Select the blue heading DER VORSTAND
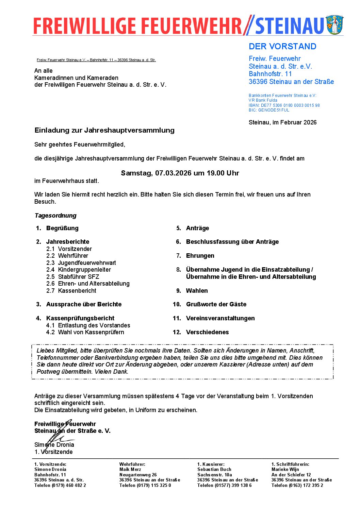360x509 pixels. click(x=282, y=47)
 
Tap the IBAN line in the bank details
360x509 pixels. click(x=284, y=105)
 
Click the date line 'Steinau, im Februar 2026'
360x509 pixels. click(x=282, y=122)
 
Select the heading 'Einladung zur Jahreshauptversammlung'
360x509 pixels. click(x=104, y=130)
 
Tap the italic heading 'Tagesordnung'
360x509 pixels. click(x=55, y=216)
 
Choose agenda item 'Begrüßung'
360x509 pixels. click(x=62, y=228)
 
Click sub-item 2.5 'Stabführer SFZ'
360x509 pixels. click(x=79, y=277)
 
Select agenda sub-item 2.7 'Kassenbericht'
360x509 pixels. click(x=77, y=291)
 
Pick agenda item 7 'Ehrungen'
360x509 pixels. click(x=200, y=256)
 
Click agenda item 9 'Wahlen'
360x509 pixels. click(x=197, y=291)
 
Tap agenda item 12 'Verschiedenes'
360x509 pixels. click(x=207, y=332)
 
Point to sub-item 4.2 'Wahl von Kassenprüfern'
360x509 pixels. click(x=91, y=332)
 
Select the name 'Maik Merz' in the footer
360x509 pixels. click(x=130, y=470)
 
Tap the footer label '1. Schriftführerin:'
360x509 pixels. click(x=290, y=464)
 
